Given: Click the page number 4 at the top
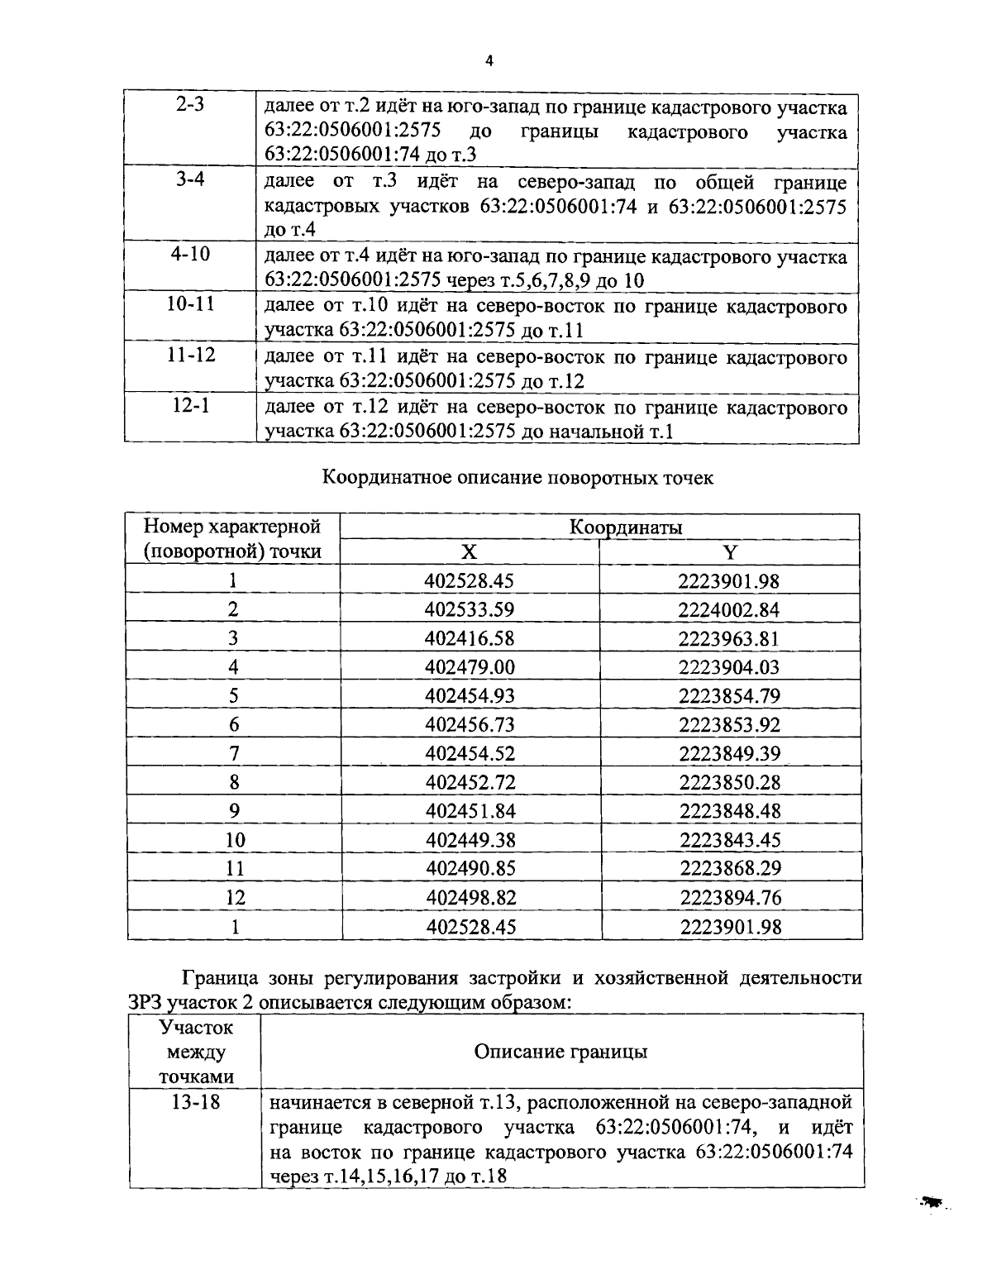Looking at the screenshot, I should tap(489, 61).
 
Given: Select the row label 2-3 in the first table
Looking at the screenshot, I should tap(191, 107).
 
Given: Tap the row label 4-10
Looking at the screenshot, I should tap(191, 254).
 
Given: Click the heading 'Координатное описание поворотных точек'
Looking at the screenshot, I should tap(517, 478).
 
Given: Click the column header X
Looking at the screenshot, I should tap(469, 552).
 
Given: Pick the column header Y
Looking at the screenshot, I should tap(730, 552).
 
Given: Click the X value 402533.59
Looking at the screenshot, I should tap(470, 610).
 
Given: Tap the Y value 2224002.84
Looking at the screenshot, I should tap(729, 610).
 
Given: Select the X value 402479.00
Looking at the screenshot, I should tap(470, 667).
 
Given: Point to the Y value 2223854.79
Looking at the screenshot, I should tap(729, 696).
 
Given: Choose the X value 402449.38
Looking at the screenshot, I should tap(470, 840).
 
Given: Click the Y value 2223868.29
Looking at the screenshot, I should tap(730, 868).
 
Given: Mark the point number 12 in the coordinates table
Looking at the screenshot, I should tap(235, 897).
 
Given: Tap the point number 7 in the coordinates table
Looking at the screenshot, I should tap(234, 753).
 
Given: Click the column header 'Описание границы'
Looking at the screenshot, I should tap(560, 1052).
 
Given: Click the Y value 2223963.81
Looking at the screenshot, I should tap(729, 638).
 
